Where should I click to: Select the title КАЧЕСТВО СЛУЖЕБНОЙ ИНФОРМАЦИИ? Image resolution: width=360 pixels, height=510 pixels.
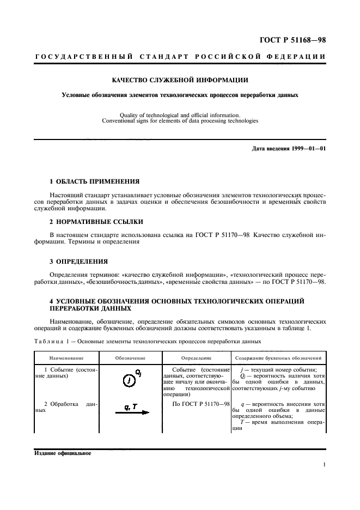tap(180, 80)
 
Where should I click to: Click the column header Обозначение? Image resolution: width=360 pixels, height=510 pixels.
tap(130, 358)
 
